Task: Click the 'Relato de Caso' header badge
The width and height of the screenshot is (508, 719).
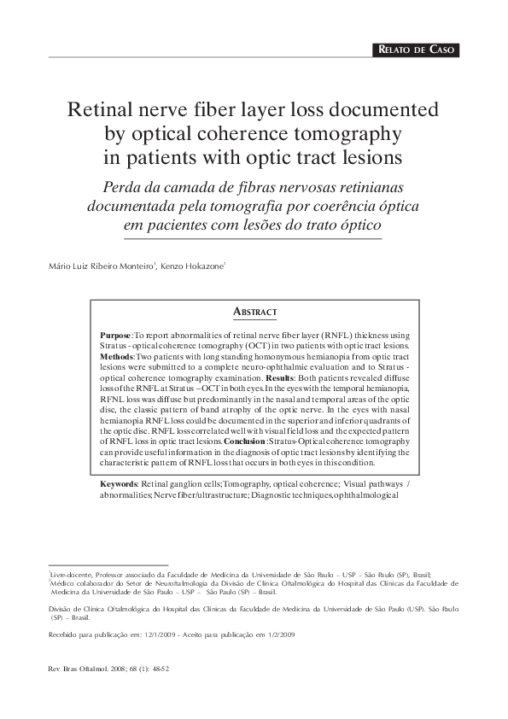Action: pos(417,50)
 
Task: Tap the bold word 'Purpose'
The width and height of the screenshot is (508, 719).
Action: pos(115,337)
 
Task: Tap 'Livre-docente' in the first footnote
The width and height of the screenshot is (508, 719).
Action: pos(72,576)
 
